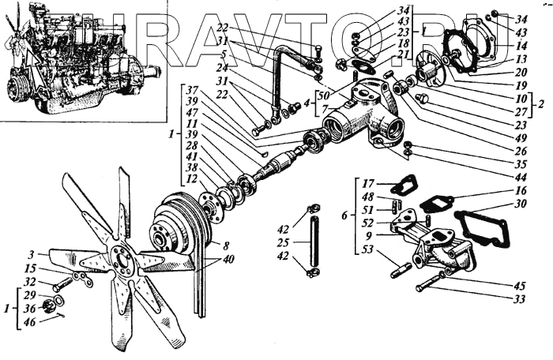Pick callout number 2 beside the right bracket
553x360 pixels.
coord(541,103)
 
